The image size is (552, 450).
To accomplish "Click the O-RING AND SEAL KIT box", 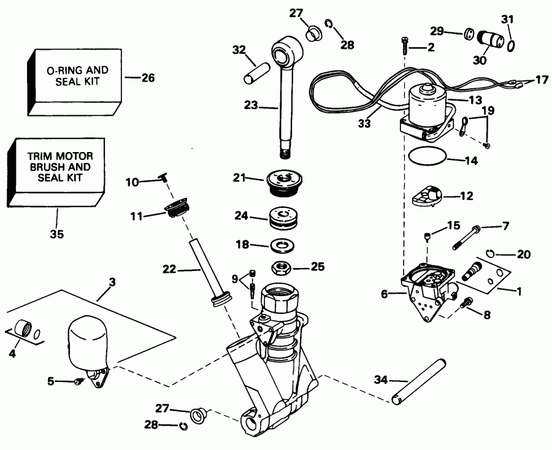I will point(74,77).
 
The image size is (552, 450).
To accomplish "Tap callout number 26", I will point(148,78).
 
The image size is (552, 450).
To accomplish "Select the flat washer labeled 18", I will point(283,245).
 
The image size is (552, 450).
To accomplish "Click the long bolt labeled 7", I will point(466,240).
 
